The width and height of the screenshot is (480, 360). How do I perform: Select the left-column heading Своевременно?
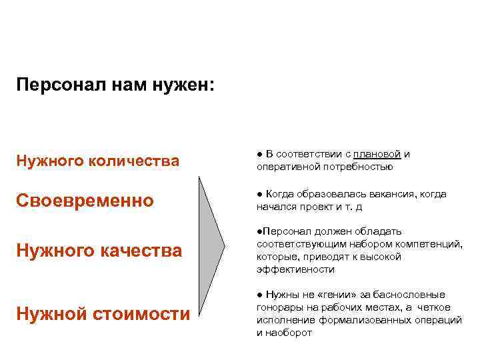coord(85,201)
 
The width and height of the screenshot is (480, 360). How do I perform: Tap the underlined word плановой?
coord(377,154)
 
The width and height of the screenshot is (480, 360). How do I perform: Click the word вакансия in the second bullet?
coord(389,194)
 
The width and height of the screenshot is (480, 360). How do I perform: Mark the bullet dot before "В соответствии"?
coord(259,155)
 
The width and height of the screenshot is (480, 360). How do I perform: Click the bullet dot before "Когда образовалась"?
coord(259,195)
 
